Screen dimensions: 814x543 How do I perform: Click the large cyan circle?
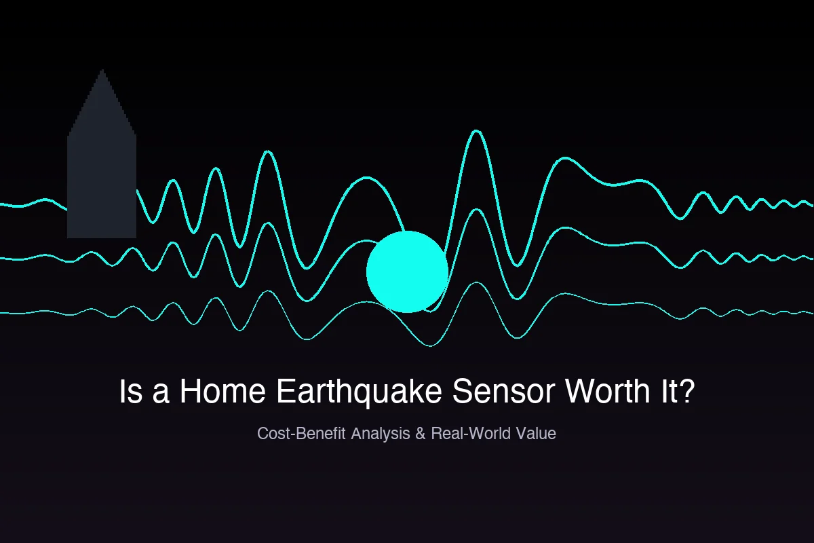407,271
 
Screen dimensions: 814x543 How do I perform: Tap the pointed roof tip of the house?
102,69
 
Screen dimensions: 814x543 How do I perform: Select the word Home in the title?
222,391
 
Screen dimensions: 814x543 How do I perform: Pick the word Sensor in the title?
503,391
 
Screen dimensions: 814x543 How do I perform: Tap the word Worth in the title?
608,391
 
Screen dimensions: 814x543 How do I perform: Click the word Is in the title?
130,391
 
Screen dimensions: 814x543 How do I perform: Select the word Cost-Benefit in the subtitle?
301,433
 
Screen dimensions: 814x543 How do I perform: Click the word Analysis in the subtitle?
381,434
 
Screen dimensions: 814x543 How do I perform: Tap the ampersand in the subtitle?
421,433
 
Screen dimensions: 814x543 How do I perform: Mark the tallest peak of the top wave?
476,130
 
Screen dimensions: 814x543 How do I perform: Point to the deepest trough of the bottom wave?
430,345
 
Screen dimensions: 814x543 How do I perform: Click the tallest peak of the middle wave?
476,210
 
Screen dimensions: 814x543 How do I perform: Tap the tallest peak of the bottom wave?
476,282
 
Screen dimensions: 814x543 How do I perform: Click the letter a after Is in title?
161,394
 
